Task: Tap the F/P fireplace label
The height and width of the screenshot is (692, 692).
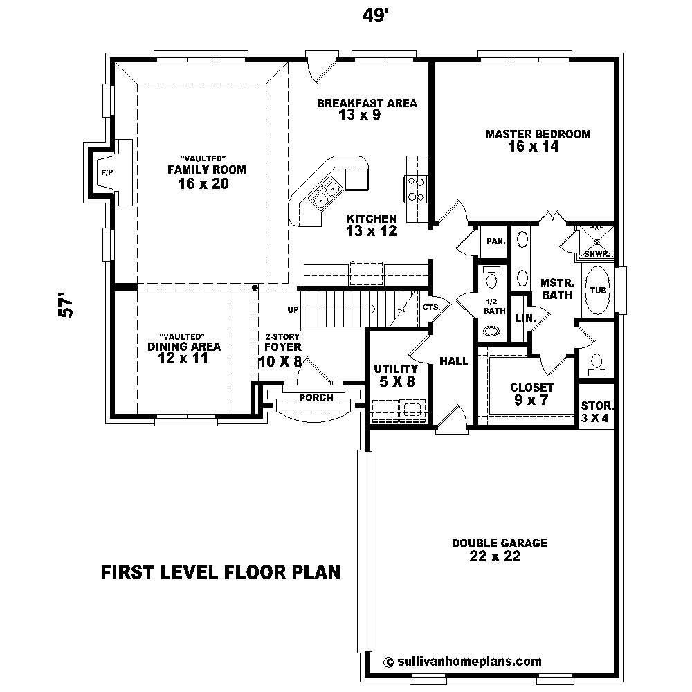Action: pyautogui.click(x=107, y=172)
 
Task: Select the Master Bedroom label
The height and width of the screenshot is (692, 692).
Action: pyautogui.click(x=538, y=140)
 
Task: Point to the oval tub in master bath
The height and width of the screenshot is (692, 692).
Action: pyautogui.click(x=598, y=290)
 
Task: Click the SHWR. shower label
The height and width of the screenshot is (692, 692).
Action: pyautogui.click(x=596, y=254)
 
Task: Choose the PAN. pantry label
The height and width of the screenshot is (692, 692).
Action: pyautogui.click(x=495, y=242)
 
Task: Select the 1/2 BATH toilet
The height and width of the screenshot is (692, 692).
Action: pyautogui.click(x=492, y=279)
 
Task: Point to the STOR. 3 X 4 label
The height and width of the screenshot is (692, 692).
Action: pyautogui.click(x=597, y=412)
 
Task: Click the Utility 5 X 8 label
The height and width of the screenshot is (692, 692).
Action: pyautogui.click(x=395, y=374)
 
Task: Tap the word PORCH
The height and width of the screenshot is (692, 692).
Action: pyautogui.click(x=316, y=398)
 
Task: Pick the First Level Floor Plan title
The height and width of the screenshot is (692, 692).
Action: pyautogui.click(x=221, y=572)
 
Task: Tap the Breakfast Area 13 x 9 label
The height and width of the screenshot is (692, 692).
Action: pyautogui.click(x=366, y=109)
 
